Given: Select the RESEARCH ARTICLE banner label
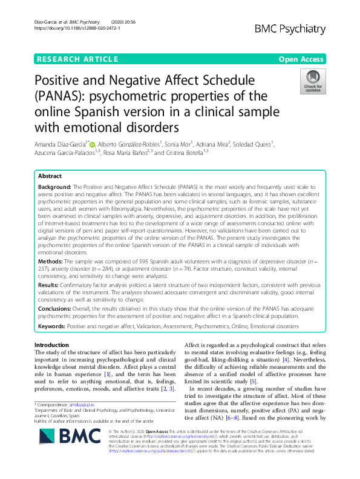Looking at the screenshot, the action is [x=77, y=59].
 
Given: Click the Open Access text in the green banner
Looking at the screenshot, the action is [x=301, y=59].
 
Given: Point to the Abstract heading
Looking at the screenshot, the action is [x=50, y=159].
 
